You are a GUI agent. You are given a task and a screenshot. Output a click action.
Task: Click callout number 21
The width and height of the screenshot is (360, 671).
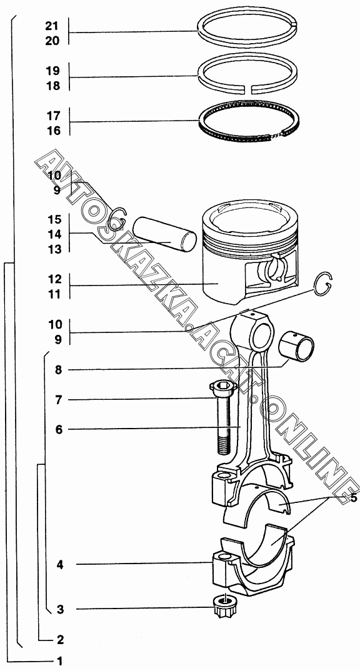pos(51,26)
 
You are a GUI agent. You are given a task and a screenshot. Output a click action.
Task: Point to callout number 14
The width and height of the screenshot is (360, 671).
pos(55,234)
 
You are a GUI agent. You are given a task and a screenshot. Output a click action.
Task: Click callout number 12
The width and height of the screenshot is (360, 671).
pos(55,279)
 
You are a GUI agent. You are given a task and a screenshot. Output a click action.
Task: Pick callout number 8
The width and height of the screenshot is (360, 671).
pos(58,370)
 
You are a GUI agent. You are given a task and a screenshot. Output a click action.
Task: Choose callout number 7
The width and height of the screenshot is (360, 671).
pos(58,400)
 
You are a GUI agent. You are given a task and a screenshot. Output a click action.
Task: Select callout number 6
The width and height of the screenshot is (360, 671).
pos(59,430)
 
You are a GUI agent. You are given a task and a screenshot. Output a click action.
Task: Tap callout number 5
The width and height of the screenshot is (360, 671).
pos(353,499)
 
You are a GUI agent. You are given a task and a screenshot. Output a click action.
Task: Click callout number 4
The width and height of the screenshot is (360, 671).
pos(60,565)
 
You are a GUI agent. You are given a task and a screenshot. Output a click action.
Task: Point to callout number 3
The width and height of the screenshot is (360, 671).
pos(61,609)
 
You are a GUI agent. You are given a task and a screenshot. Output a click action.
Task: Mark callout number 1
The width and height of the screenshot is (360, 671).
pos(61,661)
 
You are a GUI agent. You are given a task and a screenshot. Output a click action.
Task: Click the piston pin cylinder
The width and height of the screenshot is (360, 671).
pos(164,234)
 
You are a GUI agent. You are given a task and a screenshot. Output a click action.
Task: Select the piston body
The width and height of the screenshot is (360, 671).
pos(251,252)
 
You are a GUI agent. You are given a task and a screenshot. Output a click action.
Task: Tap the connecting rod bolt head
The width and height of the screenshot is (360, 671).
pos(223,387)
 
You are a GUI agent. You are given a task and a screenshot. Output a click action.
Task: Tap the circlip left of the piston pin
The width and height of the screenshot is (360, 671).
pos(117,219)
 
